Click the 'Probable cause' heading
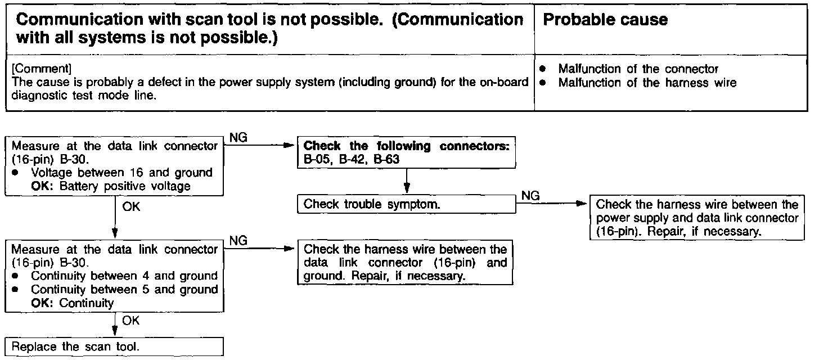pos(605,20)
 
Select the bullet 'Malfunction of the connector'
pos(638,69)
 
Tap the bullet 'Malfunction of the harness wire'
pos(647,83)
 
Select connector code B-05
pos(317,159)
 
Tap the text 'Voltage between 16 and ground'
pos(121,173)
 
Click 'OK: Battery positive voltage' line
pos(111,186)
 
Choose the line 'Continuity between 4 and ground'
pos(124,276)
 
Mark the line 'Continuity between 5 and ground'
pos(124,289)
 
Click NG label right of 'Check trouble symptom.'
pos(531,195)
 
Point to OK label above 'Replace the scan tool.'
pos(130,320)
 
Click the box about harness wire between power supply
pos(697,218)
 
